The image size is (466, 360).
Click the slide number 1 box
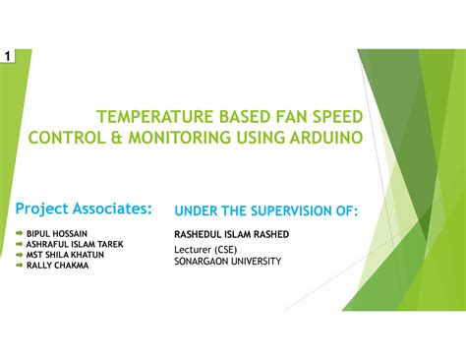[8, 58]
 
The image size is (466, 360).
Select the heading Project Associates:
[84, 209]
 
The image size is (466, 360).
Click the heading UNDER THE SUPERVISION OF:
[265, 210]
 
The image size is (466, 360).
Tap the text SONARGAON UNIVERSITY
[227, 262]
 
